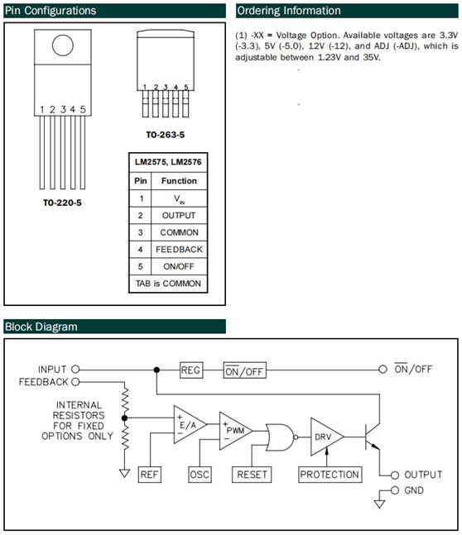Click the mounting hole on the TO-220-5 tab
[x=63, y=45]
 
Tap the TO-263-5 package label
[x=166, y=135]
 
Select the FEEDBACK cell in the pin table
[x=179, y=250]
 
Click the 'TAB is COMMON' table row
[x=168, y=284]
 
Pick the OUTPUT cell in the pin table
[x=179, y=215]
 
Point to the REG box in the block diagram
[x=191, y=370]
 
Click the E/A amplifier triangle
[x=190, y=424]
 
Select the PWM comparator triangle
[x=235, y=431]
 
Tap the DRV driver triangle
[x=327, y=437]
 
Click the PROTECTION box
[x=330, y=475]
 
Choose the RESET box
[x=252, y=475]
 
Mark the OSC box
[x=200, y=475]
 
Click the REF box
[x=149, y=475]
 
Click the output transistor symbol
[x=372, y=437]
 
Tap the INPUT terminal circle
[x=75, y=369]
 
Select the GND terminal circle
[x=395, y=490]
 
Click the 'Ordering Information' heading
[x=289, y=11]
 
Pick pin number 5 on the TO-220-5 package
[x=83, y=109]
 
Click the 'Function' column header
[x=179, y=181]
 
